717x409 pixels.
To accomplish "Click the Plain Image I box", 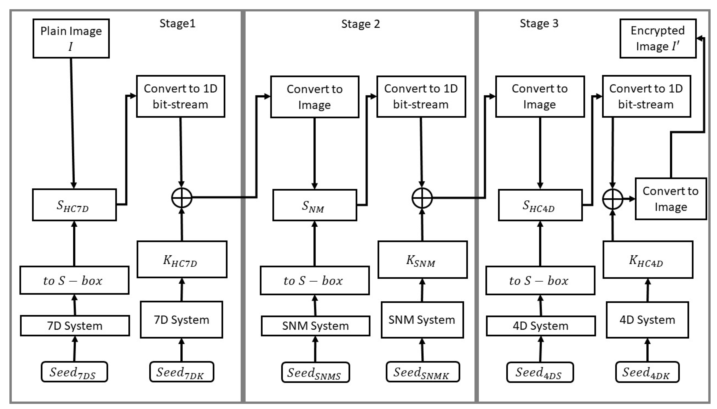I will [71, 39].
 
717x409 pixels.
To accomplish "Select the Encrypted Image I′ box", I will [658, 39].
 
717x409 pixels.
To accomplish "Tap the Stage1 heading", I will [177, 23].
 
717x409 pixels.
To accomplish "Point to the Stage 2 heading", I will [360, 24].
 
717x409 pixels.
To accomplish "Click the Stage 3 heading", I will [539, 23].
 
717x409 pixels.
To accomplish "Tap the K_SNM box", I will [422, 260].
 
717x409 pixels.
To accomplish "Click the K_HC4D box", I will [648, 260].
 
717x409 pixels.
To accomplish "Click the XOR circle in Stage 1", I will [182, 198].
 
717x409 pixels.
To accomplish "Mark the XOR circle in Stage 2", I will [422, 198].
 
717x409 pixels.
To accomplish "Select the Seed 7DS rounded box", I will [74, 372].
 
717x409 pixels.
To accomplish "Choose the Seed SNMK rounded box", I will [422, 372].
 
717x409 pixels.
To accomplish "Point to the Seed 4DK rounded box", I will [647, 372].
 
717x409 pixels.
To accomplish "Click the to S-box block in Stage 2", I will [314, 280].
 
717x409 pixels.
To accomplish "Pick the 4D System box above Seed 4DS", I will [541, 325].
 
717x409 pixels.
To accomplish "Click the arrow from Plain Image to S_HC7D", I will [72, 124].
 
